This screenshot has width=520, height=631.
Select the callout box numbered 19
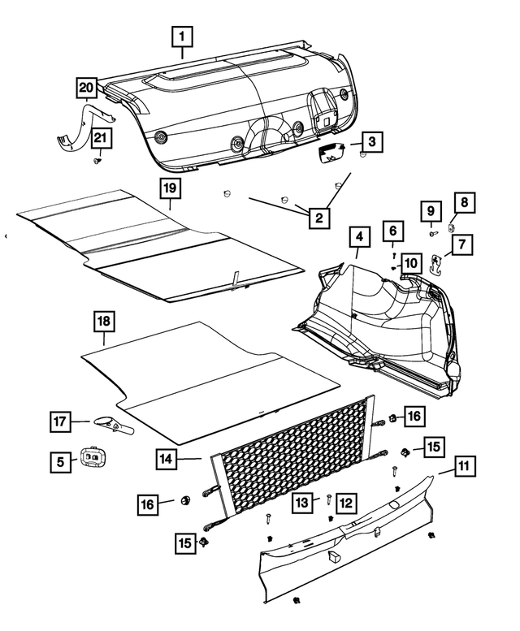(168, 188)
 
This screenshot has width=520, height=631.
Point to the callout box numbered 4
(358, 238)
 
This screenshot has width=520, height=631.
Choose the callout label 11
(464, 467)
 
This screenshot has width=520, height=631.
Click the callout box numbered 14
(167, 459)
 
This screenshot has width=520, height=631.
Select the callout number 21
(100, 139)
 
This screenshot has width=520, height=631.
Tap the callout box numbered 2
(318, 217)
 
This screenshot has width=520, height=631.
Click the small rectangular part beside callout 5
(92, 459)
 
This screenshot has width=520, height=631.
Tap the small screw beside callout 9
(432, 233)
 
